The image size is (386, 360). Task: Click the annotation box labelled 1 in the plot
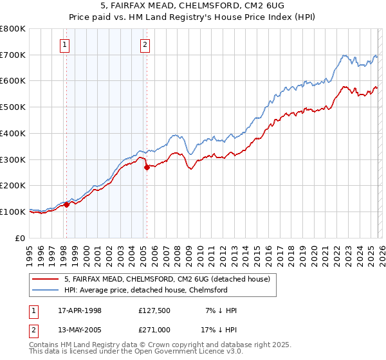66,44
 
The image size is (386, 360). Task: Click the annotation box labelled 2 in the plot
145,44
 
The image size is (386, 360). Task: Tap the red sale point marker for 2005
147,167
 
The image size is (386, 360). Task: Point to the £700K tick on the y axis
13,55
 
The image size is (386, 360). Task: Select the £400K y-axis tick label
13,133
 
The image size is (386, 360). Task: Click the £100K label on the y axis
13,212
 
